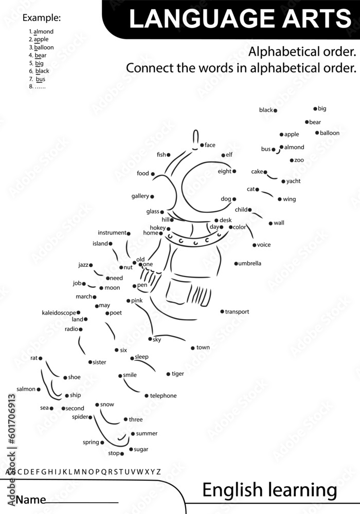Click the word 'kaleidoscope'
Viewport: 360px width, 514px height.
click(x=59, y=313)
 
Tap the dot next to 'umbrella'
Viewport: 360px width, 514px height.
click(x=236, y=264)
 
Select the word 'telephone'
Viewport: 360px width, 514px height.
click(x=163, y=396)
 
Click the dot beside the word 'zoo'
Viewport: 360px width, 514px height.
click(x=292, y=160)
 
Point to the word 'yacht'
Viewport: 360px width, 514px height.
click(x=294, y=181)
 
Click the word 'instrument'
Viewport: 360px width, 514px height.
click(x=112, y=233)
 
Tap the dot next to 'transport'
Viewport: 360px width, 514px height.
click(x=222, y=311)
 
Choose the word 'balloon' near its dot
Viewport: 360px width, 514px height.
click(x=330, y=133)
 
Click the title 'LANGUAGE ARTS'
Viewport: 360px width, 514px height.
click(x=240, y=19)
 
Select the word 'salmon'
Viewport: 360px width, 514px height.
click(x=26, y=389)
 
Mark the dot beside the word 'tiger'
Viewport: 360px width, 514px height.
click(x=168, y=374)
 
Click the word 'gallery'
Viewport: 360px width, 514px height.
click(x=140, y=196)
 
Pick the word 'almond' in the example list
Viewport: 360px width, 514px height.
click(x=43, y=31)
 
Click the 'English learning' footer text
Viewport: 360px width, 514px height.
click(x=269, y=490)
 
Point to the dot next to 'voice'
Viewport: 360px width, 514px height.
click(x=254, y=245)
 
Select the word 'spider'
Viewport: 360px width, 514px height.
click(x=80, y=417)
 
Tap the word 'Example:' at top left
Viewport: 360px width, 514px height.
click(x=42, y=18)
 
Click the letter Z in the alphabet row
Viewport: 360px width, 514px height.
click(x=158, y=471)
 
